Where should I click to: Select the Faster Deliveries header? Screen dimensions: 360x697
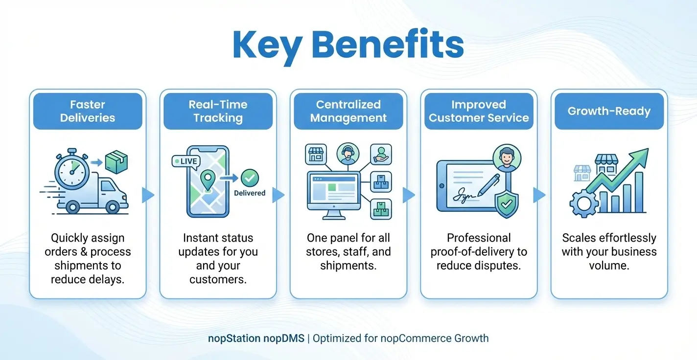click(88, 111)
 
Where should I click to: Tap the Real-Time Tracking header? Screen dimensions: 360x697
click(218, 111)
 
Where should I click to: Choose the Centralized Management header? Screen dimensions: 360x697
click(348, 111)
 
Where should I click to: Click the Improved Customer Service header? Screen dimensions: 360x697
click(479, 111)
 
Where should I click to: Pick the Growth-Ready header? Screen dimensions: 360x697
click(609, 111)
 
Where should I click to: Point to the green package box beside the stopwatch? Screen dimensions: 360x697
click(116, 162)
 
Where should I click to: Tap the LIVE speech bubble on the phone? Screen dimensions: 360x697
click(186, 161)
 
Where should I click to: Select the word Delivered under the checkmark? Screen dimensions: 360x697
click(250, 193)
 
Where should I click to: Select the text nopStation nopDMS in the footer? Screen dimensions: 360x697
click(256, 338)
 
